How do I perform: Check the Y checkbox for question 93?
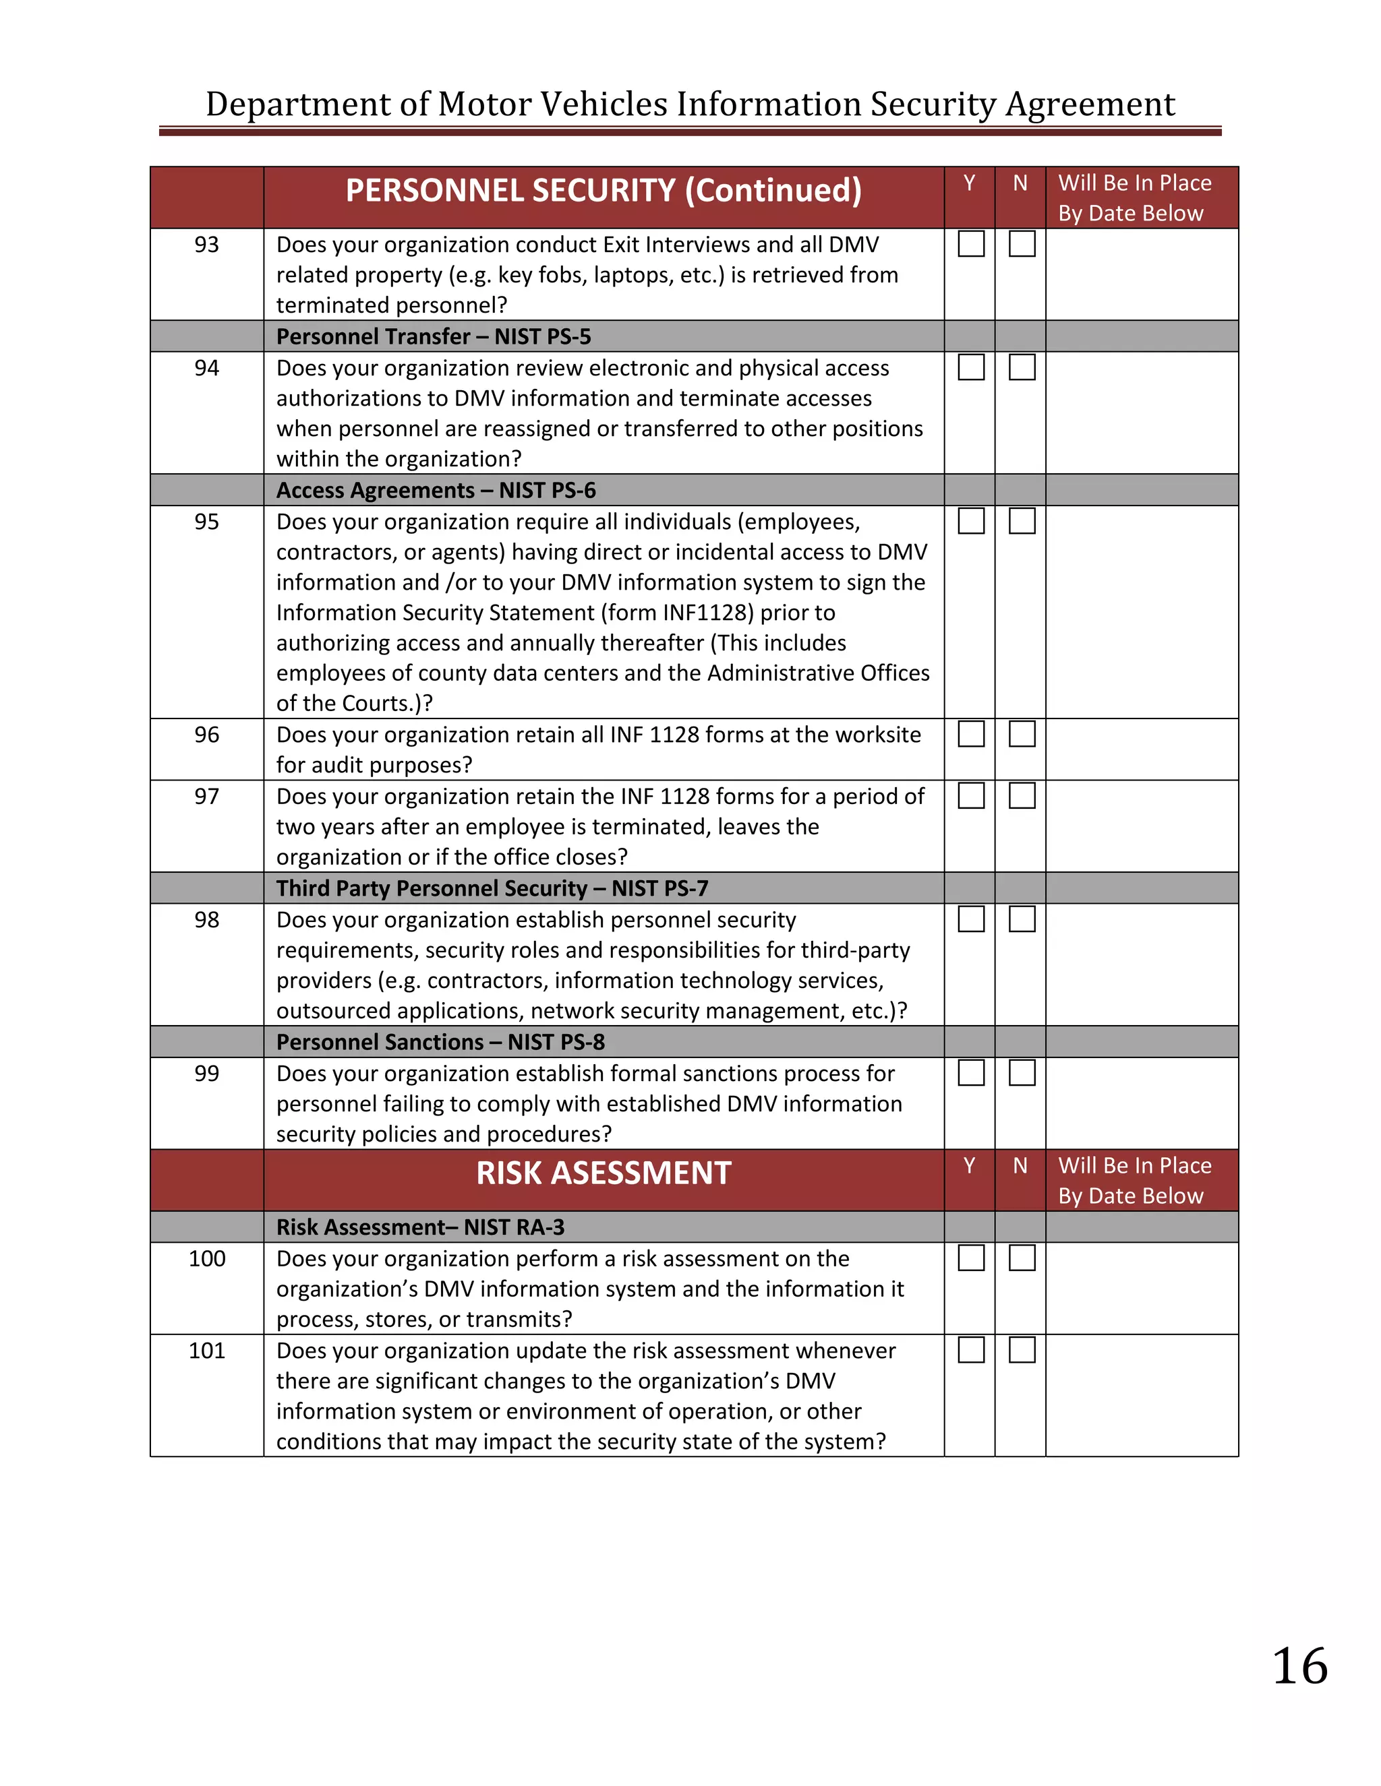(971, 244)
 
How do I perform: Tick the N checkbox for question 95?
(1022, 521)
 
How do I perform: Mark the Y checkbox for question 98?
(971, 919)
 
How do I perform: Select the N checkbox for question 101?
(1022, 1350)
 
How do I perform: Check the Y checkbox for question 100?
(971, 1258)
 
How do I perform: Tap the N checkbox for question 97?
(1022, 796)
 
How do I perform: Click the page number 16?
(1299, 1666)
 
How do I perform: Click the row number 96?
(207, 735)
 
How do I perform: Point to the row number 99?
(207, 1073)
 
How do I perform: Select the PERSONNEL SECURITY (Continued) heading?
(604, 191)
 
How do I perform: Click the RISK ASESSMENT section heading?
(604, 1173)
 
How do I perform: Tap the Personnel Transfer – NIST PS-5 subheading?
(434, 336)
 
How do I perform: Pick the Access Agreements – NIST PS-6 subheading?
(436, 490)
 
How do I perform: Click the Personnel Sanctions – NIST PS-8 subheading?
(440, 1042)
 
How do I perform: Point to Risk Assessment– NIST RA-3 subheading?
(419, 1227)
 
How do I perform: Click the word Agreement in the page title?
(1090, 104)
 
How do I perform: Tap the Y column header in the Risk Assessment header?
(970, 1165)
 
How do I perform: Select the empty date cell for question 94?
(1142, 412)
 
